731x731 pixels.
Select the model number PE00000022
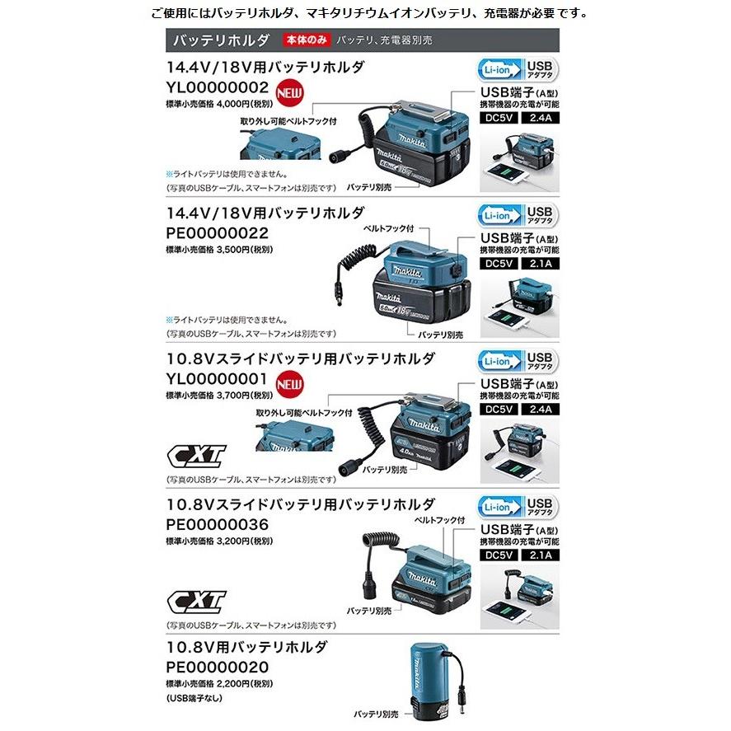[x=218, y=233]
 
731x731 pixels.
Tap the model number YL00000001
[x=218, y=379]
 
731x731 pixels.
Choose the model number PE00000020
[x=218, y=666]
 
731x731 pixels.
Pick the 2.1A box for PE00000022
[x=539, y=265]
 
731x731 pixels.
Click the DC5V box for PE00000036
[x=500, y=555]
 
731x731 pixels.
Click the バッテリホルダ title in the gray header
[x=218, y=40]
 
